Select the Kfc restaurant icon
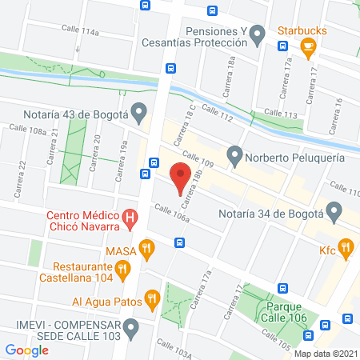coord(346,248)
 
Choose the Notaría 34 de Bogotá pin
coord(335,213)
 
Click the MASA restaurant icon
coord(146,249)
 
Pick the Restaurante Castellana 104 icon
coord(122,270)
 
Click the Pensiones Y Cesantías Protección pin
coord(257,34)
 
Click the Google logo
coord(26,350)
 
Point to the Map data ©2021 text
coord(324,353)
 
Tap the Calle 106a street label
coord(172,214)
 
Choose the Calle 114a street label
coord(82,32)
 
